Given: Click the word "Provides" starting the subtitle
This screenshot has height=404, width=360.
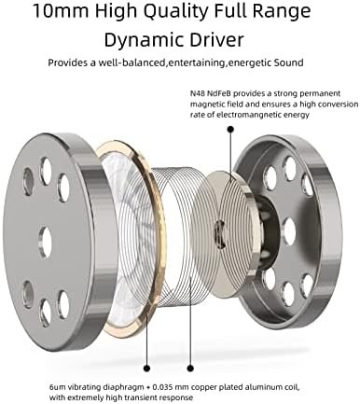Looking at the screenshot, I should click(x=68, y=65).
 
